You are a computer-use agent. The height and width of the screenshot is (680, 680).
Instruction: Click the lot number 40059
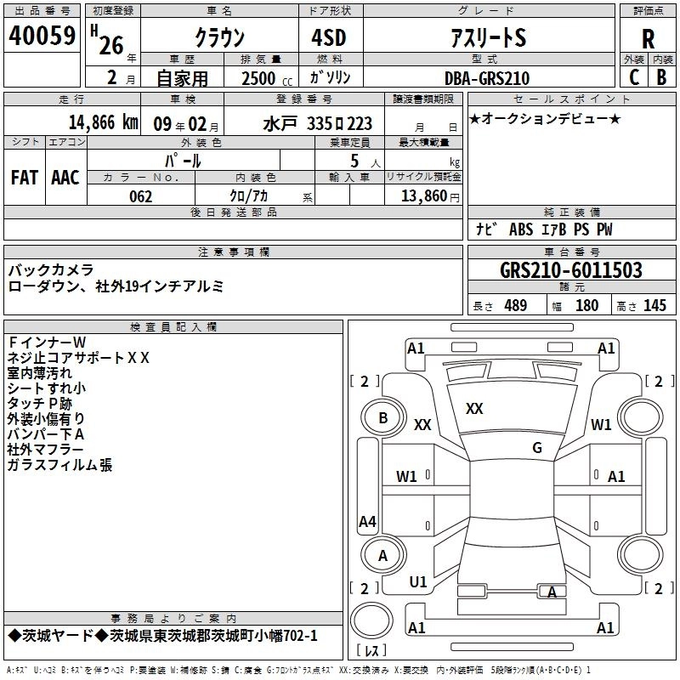[x=42, y=36]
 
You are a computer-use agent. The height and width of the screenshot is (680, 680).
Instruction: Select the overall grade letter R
[x=648, y=39]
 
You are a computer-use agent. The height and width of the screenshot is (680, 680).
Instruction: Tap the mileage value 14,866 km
[x=103, y=122]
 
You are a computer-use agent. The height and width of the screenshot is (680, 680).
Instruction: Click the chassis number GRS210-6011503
[x=571, y=269]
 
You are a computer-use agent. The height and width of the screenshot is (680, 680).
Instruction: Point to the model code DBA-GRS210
[x=487, y=78]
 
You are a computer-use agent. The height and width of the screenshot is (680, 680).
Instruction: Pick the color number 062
[x=141, y=196]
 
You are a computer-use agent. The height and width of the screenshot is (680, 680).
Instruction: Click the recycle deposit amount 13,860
[x=423, y=196]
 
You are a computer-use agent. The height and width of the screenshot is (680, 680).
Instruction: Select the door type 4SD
[x=329, y=37]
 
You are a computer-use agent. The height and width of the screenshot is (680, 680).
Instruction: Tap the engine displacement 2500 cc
[x=267, y=78]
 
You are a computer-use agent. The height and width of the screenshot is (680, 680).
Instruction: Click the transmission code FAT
[x=25, y=178]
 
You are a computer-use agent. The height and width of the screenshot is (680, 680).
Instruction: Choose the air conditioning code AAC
[x=65, y=178]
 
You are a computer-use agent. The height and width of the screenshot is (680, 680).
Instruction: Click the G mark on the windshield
[x=537, y=447]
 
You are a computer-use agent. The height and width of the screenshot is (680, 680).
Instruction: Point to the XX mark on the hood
[x=474, y=409]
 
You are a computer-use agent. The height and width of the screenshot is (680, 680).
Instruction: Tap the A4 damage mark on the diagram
[x=367, y=521]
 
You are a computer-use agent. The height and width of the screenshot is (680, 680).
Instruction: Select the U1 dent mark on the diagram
[x=418, y=582]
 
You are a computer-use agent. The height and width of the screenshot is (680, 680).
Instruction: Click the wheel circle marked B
[x=383, y=418]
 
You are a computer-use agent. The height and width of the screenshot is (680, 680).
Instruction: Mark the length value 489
[x=516, y=306]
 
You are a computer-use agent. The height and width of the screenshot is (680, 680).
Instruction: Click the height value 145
[x=654, y=306]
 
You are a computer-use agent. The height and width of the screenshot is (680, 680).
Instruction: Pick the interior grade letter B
[x=661, y=77]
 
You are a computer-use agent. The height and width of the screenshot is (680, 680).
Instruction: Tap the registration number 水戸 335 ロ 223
[x=318, y=124]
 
